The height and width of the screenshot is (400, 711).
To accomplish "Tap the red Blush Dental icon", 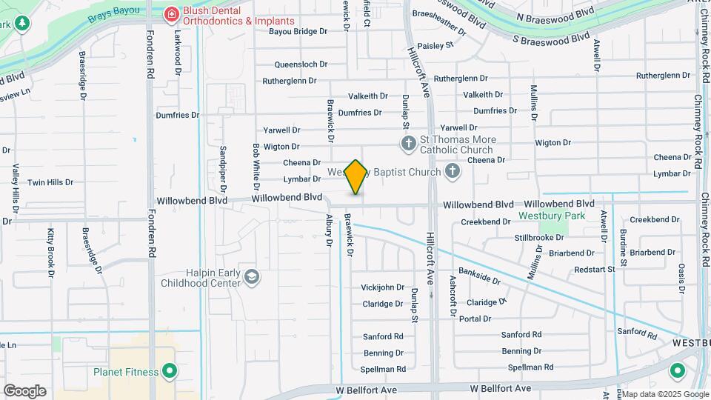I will [172, 13].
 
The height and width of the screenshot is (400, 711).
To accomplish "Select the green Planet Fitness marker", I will [170, 371].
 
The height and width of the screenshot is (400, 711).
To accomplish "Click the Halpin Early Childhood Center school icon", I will [252, 277].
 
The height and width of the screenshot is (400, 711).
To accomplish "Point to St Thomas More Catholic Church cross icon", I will [407, 142].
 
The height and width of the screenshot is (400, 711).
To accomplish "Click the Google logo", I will [24, 390].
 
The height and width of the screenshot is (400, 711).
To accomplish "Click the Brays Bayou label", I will [113, 14].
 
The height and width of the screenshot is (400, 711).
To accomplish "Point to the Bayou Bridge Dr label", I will [298, 32].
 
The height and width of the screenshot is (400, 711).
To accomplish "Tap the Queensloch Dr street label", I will [301, 64].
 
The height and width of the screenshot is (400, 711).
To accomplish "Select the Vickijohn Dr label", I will [383, 287].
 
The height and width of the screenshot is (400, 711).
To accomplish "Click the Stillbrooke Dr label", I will [539, 238].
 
